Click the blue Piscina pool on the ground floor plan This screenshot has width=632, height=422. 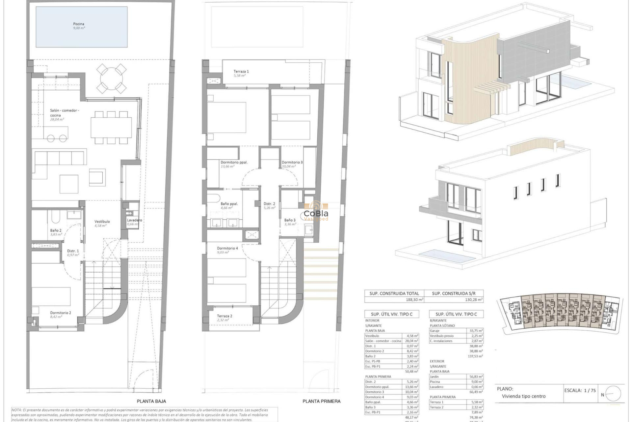(81, 27)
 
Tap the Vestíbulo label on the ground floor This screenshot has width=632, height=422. (102, 222)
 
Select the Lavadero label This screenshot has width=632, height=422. (134, 220)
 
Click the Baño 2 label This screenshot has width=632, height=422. (56, 230)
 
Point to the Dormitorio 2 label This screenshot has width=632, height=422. (61, 313)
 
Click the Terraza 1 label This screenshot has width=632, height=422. (241, 71)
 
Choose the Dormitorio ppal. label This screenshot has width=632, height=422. (234, 162)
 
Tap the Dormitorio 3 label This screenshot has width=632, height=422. (292, 162)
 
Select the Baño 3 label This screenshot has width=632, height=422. (290, 220)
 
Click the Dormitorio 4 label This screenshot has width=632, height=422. (227, 248)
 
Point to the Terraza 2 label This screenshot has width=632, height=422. (224, 316)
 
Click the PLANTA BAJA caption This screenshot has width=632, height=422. (151, 401)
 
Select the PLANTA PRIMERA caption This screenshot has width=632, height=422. (321, 401)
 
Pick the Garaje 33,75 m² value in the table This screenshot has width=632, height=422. (476, 331)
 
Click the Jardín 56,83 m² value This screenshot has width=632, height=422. (476, 377)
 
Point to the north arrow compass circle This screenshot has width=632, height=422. (613, 394)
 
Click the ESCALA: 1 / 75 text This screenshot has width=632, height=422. (580, 390)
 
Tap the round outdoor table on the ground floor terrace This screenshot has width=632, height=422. (112, 79)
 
